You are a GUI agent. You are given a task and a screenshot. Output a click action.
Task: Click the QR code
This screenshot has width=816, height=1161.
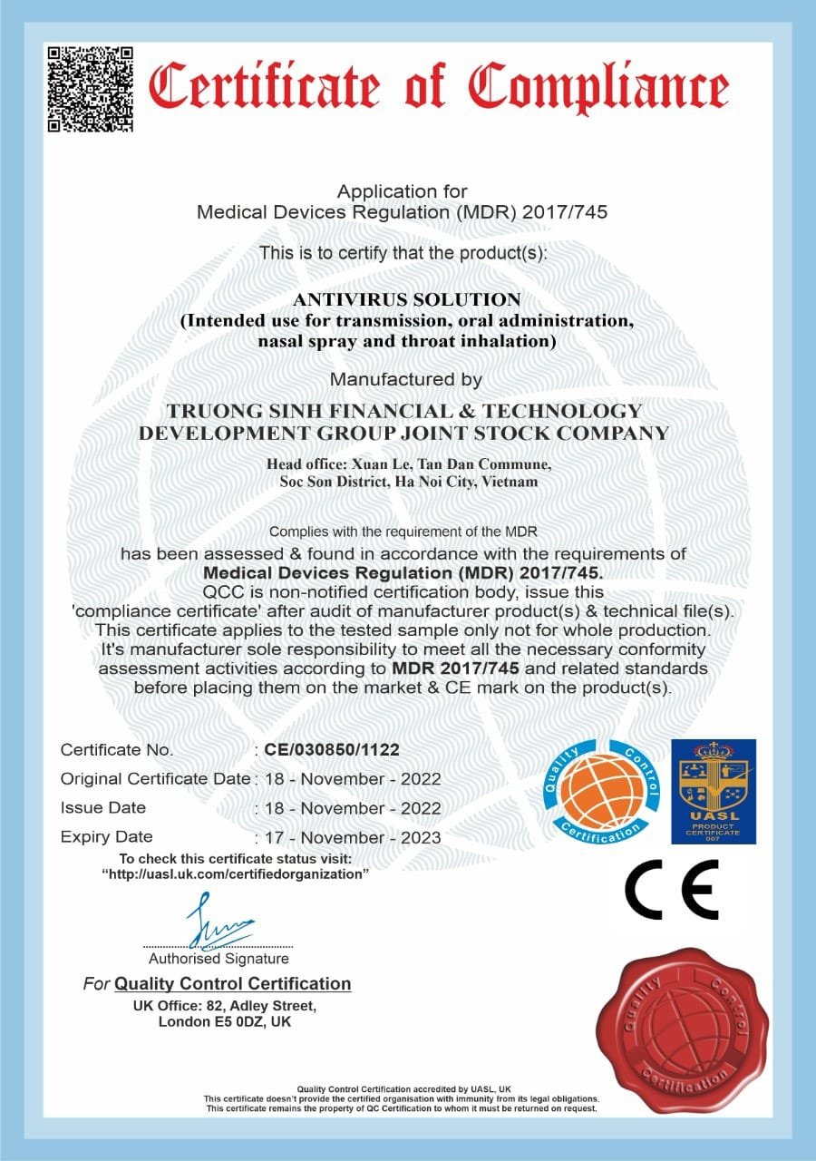pyautogui.click(x=91, y=89)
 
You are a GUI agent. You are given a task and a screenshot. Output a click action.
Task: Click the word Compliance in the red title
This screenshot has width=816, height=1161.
pyautogui.click(x=599, y=88)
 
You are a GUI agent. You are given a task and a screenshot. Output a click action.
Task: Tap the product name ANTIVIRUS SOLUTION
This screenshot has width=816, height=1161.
pyautogui.click(x=407, y=299)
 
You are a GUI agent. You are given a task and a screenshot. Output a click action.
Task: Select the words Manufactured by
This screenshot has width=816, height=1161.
pyautogui.click(x=405, y=378)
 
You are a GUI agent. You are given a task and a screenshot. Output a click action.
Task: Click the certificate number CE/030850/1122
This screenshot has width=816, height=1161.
pyautogui.click(x=331, y=749)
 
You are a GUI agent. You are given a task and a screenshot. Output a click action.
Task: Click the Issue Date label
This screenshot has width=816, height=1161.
pyautogui.click(x=102, y=807)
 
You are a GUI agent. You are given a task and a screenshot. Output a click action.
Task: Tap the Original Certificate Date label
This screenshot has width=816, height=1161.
pyautogui.click(x=155, y=778)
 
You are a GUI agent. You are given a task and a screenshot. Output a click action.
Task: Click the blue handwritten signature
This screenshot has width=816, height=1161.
pyautogui.click(x=217, y=921)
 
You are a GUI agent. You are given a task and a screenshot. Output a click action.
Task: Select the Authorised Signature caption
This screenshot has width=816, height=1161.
pyautogui.click(x=219, y=958)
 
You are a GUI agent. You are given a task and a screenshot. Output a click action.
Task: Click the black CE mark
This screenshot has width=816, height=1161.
pyautogui.click(x=671, y=889)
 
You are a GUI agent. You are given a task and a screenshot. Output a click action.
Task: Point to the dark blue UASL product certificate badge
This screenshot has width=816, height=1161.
pyautogui.click(x=712, y=790)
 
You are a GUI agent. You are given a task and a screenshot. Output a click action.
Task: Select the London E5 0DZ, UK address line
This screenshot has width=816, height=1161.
pyautogui.click(x=225, y=1021)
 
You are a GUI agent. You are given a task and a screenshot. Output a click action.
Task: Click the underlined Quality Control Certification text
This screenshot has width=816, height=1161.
pyautogui.click(x=233, y=983)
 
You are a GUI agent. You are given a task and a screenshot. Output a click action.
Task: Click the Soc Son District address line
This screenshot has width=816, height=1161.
pyautogui.click(x=409, y=482)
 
